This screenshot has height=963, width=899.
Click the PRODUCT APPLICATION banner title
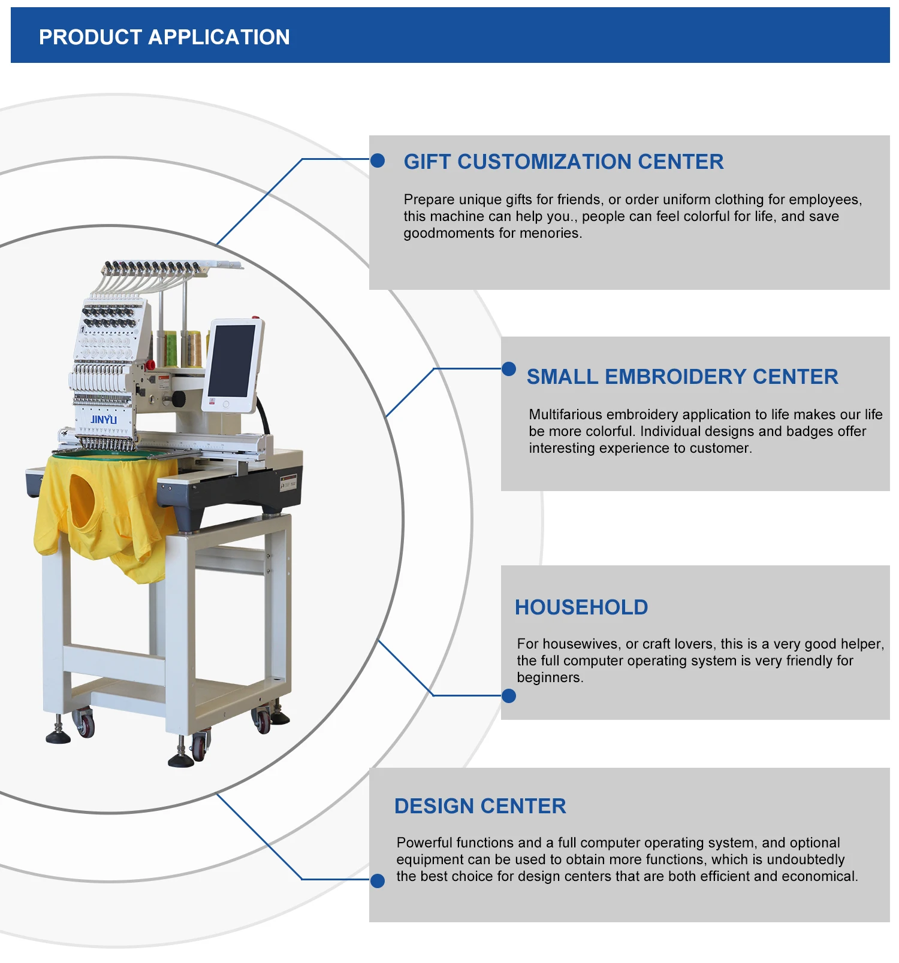(x=164, y=37)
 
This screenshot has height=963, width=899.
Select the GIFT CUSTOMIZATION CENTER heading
(x=563, y=162)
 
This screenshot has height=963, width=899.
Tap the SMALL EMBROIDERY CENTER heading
(x=682, y=377)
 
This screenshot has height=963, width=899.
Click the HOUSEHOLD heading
(x=581, y=607)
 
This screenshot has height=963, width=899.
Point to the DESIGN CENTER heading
(x=480, y=806)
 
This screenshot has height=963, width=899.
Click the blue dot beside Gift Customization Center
(x=378, y=160)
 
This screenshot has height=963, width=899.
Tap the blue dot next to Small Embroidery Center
(x=509, y=369)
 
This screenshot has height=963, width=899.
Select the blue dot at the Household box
(x=509, y=696)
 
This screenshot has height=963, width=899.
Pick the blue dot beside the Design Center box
(x=378, y=880)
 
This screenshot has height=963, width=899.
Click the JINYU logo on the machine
(x=104, y=419)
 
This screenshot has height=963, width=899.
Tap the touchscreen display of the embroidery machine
(x=232, y=361)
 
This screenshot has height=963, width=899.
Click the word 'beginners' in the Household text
(x=549, y=677)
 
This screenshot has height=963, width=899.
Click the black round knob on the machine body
(x=178, y=398)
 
